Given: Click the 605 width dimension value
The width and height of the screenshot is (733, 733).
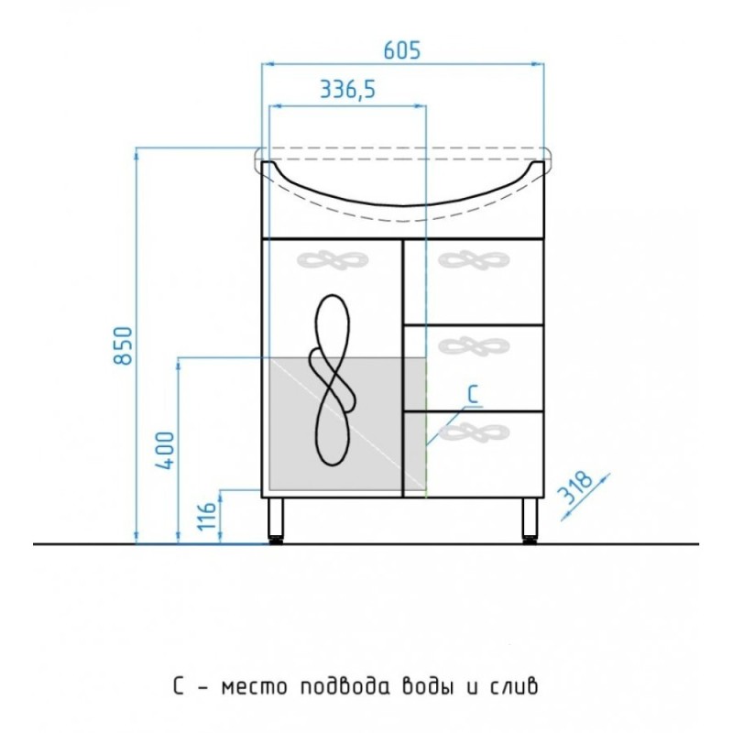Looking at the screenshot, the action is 402,50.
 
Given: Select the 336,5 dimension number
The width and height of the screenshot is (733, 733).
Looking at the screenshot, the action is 348,89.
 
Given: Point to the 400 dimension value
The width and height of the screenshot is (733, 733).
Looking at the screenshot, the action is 165,450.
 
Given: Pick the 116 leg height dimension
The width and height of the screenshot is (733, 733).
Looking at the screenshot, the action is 206,516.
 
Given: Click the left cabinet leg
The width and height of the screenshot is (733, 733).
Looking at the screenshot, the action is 276,520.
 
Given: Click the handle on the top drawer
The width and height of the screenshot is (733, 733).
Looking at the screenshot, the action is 474,260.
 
